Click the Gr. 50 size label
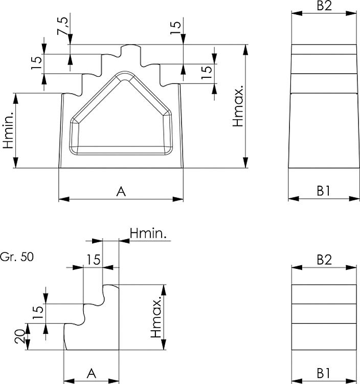pyautogui.click(x=17, y=257)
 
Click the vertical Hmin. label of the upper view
pyautogui.click(x=8, y=131)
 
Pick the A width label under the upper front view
pyautogui.click(x=121, y=191)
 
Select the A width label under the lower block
pyautogui.click(x=92, y=372)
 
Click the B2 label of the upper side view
pyautogui.click(x=323, y=6)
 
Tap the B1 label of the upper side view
pyautogui.click(x=323, y=190)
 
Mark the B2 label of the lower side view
pyautogui.click(x=323, y=260)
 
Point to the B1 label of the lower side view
pyautogui.click(x=323, y=372)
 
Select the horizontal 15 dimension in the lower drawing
pyautogui.click(x=93, y=260)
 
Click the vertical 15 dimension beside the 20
pyautogui.click(x=37, y=313)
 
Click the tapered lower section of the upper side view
pyautogui.click(x=323, y=131)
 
